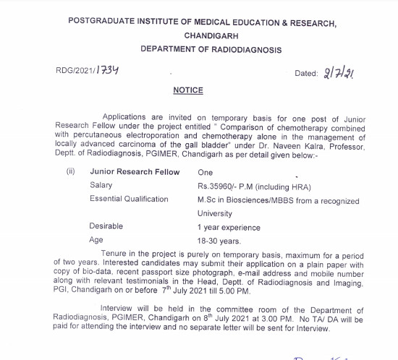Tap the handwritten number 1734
tap(106, 69)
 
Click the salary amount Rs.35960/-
tap(218, 186)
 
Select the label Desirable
tap(106, 226)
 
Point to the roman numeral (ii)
tap(70, 172)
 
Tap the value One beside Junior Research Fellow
tap(206, 172)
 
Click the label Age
tap(97, 240)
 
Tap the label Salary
tap(102, 186)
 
